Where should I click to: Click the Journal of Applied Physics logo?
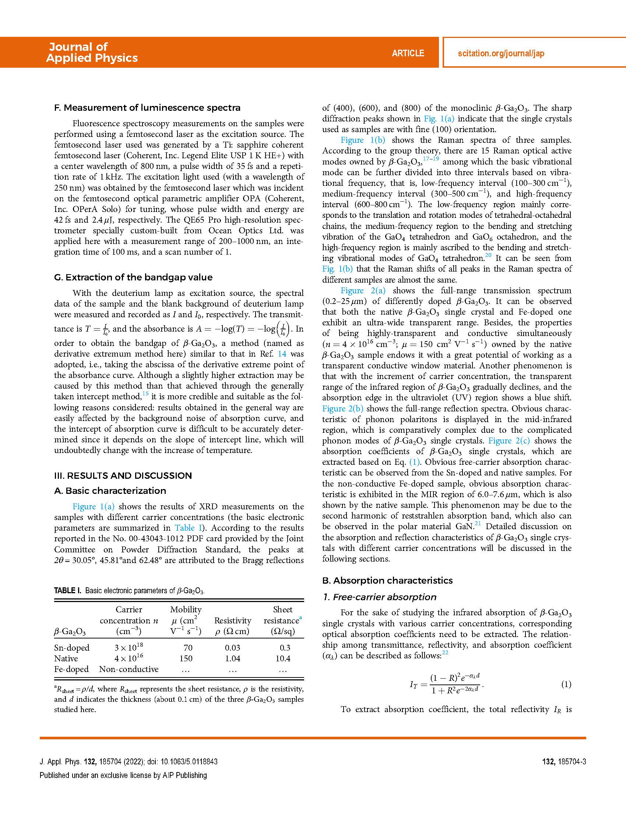point(92,52)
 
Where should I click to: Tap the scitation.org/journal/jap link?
point(501,53)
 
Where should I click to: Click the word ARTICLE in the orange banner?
point(408,53)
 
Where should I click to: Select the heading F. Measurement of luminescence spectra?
point(147,108)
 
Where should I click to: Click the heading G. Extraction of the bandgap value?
point(133,277)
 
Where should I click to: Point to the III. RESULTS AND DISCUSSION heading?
point(123,476)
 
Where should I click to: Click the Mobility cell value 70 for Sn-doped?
point(186,648)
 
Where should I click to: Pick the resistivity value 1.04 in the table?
point(233,658)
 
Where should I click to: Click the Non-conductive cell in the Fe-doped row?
point(129,669)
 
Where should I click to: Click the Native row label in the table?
point(66,658)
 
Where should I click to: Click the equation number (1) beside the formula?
point(566,684)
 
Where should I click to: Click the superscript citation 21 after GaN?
point(478,524)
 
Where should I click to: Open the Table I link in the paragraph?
point(185,528)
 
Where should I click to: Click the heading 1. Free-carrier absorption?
point(380,597)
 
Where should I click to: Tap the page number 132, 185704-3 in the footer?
point(564,761)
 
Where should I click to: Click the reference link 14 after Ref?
point(281,354)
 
